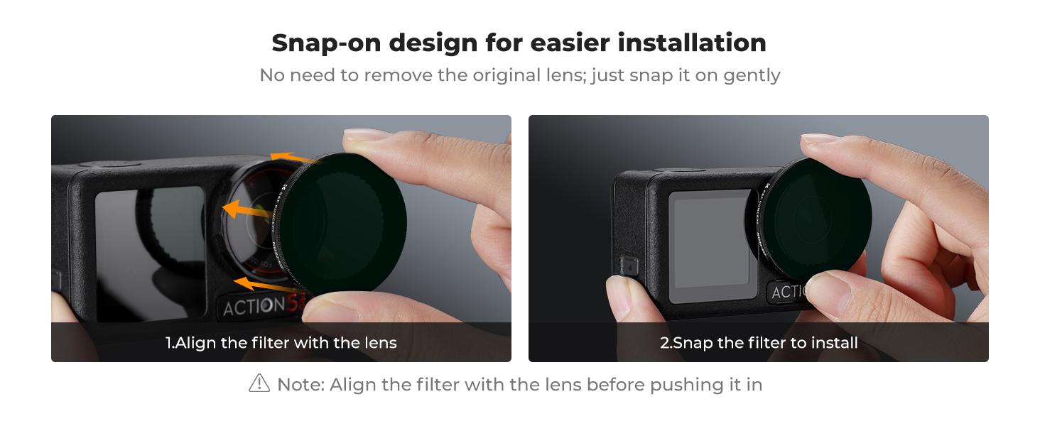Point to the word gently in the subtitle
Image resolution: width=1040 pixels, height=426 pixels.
point(752,75)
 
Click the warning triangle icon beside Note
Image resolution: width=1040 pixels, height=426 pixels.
point(259,383)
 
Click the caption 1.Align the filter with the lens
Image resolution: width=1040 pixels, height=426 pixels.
point(281,343)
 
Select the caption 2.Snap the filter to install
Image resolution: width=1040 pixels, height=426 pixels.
point(759,343)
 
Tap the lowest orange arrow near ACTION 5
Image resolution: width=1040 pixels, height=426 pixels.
point(259,285)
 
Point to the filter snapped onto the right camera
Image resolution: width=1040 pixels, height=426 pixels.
point(810,217)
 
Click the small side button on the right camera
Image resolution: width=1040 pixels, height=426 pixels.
point(629,266)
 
